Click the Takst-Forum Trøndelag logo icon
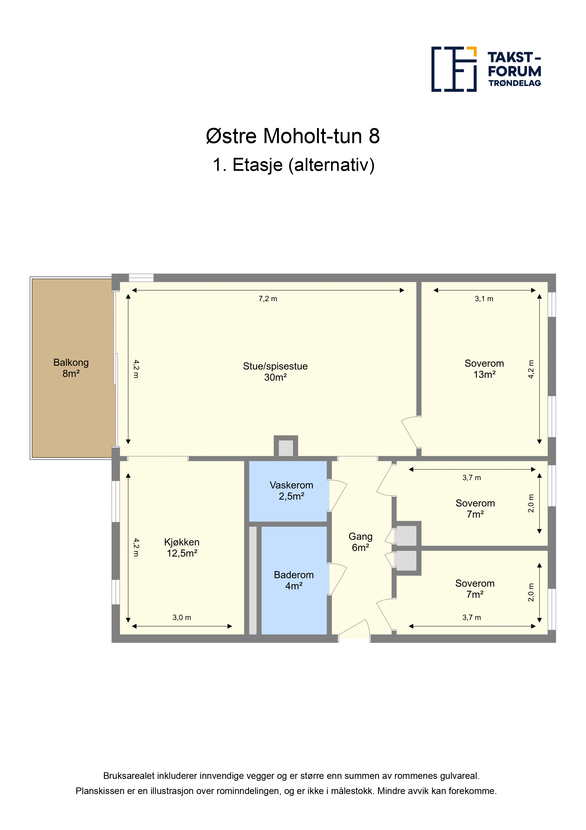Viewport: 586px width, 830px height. click(x=454, y=69)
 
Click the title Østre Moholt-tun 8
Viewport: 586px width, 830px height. click(x=293, y=136)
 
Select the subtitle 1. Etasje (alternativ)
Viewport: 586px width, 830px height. click(x=293, y=165)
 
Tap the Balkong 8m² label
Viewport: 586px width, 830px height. click(x=71, y=368)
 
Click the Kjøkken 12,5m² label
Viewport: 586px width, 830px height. click(x=182, y=548)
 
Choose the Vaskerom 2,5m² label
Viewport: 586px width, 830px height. click(x=291, y=490)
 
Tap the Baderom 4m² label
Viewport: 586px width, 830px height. click(x=294, y=580)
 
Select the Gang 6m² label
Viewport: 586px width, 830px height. click(x=360, y=542)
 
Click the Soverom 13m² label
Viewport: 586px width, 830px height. click(x=484, y=369)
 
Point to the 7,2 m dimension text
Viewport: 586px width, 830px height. click(x=268, y=299)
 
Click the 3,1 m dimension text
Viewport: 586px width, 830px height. click(x=484, y=299)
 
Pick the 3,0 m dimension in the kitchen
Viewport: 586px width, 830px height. click(x=182, y=618)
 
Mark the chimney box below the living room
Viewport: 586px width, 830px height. click(x=286, y=447)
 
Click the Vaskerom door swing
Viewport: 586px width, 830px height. click(x=338, y=495)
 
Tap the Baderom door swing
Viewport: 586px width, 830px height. click(x=338, y=579)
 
